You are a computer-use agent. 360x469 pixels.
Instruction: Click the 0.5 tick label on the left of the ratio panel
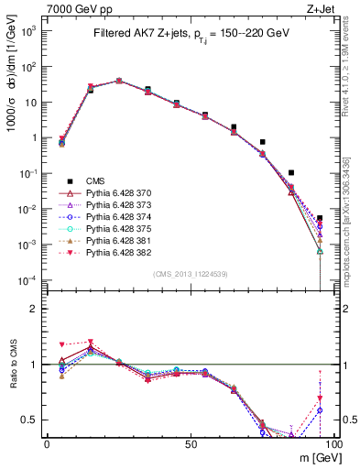(x=29, y=420)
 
